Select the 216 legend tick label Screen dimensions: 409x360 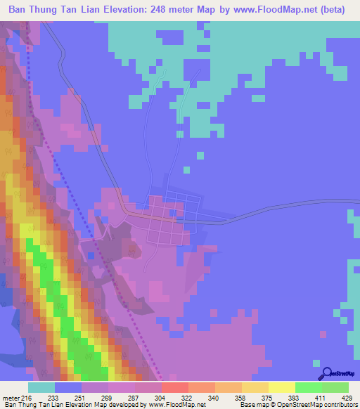point(27,398)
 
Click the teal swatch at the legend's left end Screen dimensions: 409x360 point(41,387)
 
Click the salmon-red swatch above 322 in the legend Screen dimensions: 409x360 point(174,387)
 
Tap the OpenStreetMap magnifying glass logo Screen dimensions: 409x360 point(327,373)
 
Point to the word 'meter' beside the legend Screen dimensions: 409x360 point(10,398)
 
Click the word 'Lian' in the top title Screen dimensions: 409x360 point(87,11)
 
